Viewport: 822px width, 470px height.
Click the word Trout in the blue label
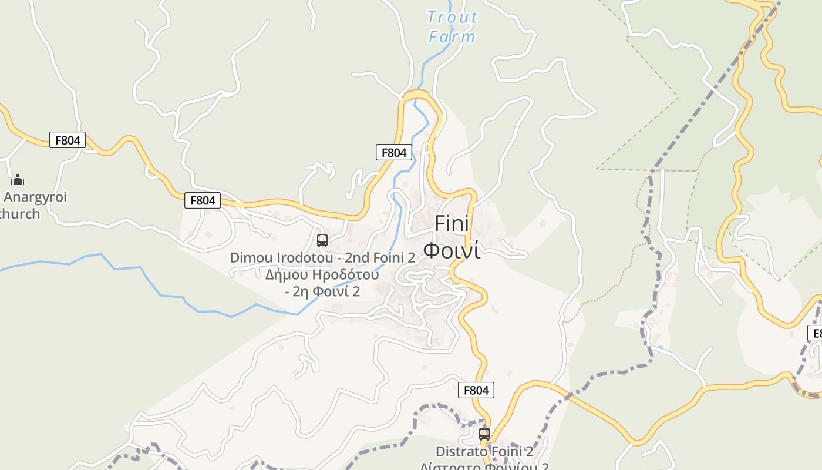452,18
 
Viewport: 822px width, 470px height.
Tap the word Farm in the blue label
452,37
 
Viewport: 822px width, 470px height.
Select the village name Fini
452,224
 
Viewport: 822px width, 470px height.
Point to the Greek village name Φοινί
452,250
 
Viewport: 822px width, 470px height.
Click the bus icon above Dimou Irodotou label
322,240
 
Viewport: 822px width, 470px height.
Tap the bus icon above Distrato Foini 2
484,434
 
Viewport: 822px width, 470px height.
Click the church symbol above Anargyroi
18,179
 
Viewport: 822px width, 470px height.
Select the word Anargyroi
35,197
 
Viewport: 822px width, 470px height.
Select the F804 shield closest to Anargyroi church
68,140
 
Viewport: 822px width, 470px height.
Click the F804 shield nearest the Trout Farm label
394,153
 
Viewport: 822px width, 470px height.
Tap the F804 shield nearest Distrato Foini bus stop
476,390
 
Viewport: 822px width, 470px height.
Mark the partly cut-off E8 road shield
815,333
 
